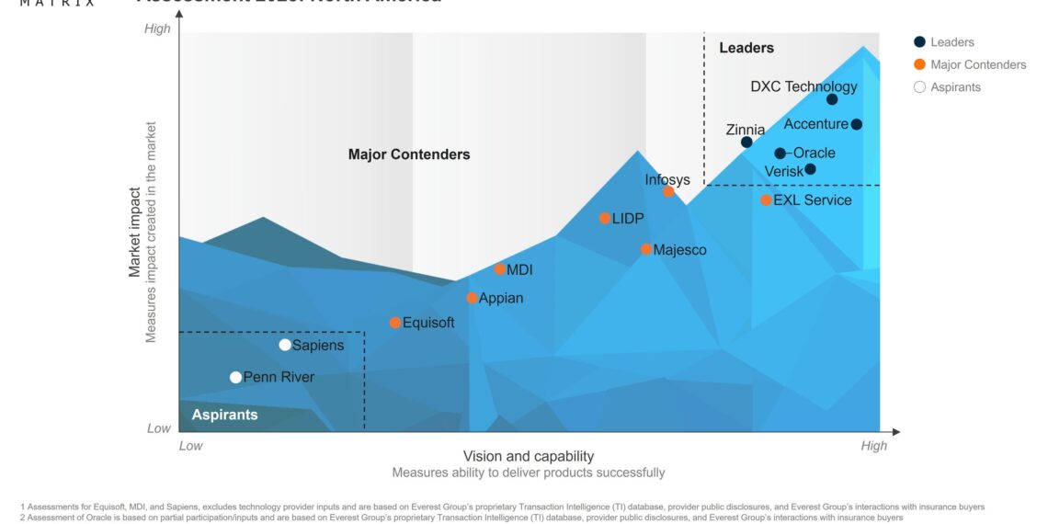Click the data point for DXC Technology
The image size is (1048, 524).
[832, 99]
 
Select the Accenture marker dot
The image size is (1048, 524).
[856, 124]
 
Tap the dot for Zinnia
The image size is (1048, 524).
[746, 142]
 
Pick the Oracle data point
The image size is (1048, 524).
[780, 154]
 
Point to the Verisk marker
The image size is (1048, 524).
[810, 169]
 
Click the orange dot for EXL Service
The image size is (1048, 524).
[766, 199]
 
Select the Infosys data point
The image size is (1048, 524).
[668, 192]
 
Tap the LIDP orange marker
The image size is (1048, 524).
[605, 218]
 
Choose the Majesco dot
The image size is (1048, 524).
[646, 249]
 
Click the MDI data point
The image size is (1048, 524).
[499, 269]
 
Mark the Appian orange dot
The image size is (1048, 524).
[472, 298]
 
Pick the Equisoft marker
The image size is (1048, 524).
[395, 323]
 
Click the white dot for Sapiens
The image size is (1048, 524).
[285, 345]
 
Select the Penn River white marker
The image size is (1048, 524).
[235, 377]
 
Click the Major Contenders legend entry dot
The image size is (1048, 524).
[919, 64]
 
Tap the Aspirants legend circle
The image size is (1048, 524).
[919, 87]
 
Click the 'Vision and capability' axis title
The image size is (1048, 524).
[528, 456]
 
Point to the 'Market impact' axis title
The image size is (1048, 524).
[135, 232]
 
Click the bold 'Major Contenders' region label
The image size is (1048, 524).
[409, 154]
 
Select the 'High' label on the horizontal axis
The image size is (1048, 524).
[873, 446]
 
